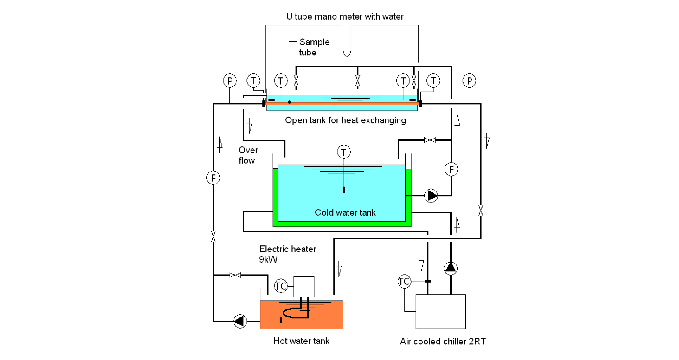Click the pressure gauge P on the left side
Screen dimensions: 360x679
coord(230,81)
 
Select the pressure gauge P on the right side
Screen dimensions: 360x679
coord(469,81)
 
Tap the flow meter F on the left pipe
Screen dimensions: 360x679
coord(213,177)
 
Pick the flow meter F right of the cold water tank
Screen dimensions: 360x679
coord(451,169)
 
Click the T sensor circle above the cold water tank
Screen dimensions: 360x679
coord(344,152)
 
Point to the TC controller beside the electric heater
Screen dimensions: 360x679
coord(281,286)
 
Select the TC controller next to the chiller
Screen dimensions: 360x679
coord(404,281)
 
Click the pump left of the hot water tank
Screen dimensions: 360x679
coord(240,321)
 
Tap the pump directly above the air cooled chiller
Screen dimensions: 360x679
coord(450,268)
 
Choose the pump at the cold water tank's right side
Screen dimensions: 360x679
coord(431,195)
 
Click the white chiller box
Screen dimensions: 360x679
coord(441,311)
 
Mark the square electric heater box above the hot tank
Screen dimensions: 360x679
coord(304,287)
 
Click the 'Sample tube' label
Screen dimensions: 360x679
coord(314,47)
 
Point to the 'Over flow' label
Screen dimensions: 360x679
coord(248,155)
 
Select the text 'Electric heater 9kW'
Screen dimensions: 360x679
coord(287,254)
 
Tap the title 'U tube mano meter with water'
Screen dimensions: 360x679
coord(345,17)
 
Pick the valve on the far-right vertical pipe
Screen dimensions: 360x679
coord(481,210)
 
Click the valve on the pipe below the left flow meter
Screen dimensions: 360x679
coord(213,236)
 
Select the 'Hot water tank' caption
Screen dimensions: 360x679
coord(301,341)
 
